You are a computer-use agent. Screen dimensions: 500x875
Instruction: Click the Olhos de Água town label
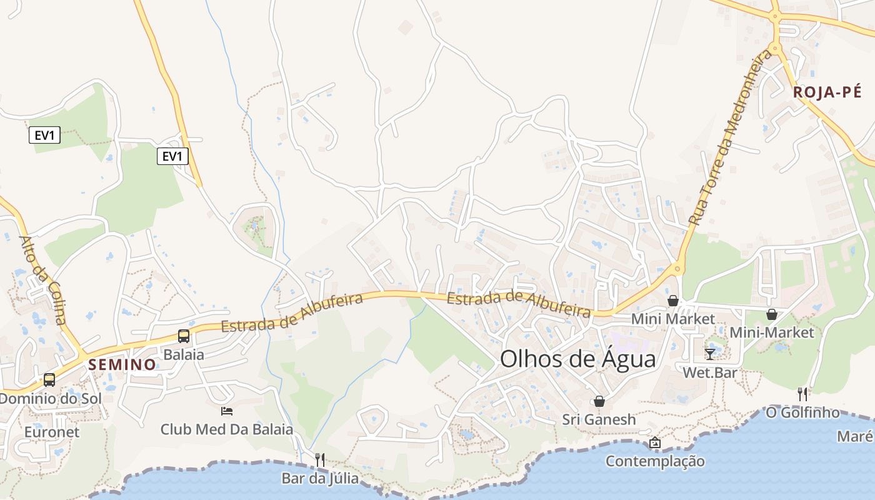578,359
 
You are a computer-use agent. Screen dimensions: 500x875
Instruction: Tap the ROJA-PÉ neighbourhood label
827,92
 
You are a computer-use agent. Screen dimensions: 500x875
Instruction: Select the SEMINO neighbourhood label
122,364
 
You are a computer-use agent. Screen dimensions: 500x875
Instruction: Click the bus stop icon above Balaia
184,336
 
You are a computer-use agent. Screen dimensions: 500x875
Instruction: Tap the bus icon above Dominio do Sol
49,380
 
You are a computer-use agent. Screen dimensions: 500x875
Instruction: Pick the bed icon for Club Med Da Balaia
227,411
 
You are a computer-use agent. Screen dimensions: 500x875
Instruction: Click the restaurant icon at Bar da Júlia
319,460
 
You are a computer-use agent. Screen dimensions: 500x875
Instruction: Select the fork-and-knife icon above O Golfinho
802,394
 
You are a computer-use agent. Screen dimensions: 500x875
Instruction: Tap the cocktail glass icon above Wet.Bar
709,354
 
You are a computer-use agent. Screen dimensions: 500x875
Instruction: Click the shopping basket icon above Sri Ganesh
599,401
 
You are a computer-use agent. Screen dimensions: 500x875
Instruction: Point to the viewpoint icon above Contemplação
654,442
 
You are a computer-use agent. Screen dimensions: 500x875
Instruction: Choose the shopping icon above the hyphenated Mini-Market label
772,314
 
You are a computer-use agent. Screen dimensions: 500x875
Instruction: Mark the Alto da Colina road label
42,281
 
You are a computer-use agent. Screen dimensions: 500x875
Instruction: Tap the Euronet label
52,432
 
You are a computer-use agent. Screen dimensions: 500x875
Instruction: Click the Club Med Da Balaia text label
226,429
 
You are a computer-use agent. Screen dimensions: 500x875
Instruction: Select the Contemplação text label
655,461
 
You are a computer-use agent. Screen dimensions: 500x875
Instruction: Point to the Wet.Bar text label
709,373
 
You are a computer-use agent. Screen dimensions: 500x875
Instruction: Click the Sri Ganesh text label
599,419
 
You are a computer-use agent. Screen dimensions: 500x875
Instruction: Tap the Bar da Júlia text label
320,479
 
